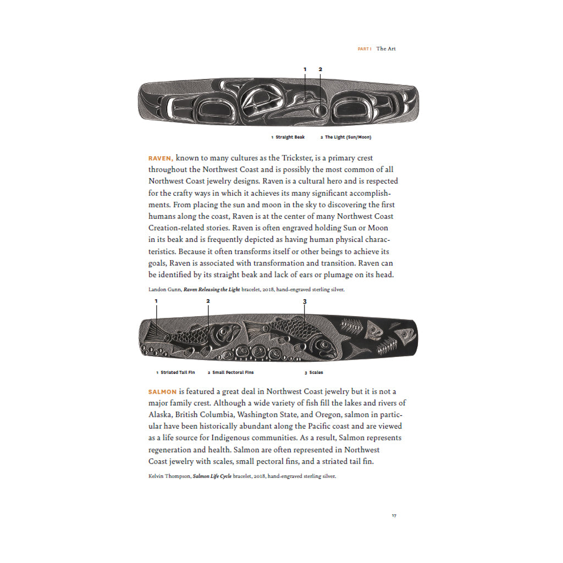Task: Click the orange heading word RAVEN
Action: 161,158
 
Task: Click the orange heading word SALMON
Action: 162,391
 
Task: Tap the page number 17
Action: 394,515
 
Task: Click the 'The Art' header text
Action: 386,49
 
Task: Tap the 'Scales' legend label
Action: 316,372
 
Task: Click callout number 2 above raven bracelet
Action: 320,69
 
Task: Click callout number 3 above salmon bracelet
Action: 305,301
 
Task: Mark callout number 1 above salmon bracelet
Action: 156,301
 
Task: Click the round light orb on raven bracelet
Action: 320,111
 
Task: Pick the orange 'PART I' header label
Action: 364,49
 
